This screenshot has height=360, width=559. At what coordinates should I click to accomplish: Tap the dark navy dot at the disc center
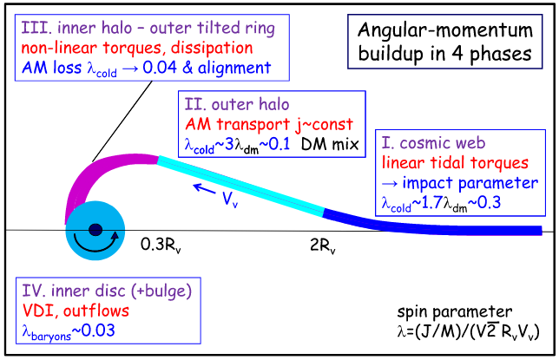click(x=95, y=230)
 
